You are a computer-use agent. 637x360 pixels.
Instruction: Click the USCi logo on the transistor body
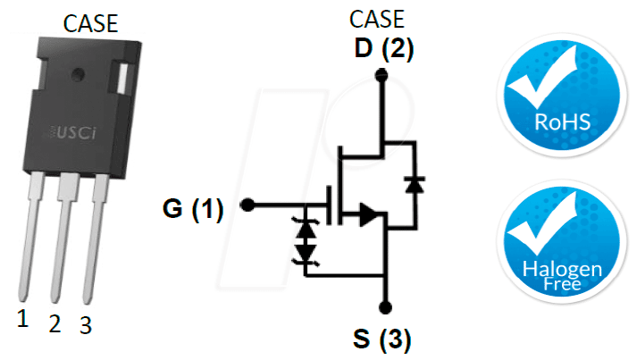pos(73,132)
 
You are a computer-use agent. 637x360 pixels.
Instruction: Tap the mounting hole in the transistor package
pos(78,74)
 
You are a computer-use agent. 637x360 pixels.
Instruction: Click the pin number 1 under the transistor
pos(22,318)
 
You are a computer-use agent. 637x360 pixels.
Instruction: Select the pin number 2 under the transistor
pos(54,324)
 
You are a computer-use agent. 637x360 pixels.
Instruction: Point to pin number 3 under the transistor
pos(86,325)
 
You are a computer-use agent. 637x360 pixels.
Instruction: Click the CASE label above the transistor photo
pos(90,23)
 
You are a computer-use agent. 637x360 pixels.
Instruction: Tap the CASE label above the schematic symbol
pos(377,19)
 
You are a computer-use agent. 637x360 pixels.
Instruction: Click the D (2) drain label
pos(384,48)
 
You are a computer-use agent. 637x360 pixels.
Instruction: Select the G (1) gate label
pos(193,209)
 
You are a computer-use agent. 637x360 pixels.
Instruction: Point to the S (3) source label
pos(381,339)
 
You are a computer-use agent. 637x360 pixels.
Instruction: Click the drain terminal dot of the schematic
pos(381,75)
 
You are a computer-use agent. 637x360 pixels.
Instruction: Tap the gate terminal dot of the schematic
pos(247,205)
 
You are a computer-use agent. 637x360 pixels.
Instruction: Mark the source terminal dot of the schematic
pos(385,307)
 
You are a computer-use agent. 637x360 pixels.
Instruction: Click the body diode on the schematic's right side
pos(415,185)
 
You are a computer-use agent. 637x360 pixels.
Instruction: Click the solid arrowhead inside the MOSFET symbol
pos(368,214)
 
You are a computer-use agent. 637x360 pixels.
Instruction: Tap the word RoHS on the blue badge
pos(562,121)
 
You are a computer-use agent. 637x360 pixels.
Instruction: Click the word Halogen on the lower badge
pos(562,269)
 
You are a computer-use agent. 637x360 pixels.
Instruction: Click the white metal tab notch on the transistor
pos(122,78)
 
